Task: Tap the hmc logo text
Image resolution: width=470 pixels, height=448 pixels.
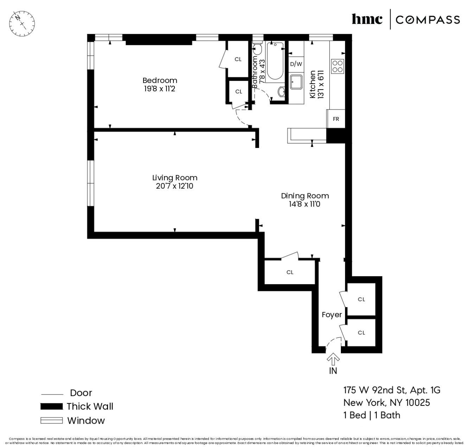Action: [x=367, y=19]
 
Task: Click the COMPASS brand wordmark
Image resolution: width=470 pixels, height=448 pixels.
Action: [x=427, y=20]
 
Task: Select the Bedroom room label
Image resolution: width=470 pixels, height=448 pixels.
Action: [x=159, y=80]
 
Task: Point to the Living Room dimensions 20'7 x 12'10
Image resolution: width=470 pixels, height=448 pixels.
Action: [x=174, y=186]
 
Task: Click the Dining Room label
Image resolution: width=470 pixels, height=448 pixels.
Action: [x=305, y=196]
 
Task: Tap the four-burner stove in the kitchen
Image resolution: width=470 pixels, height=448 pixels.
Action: [x=337, y=66]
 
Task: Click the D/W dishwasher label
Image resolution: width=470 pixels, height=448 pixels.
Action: [x=296, y=64]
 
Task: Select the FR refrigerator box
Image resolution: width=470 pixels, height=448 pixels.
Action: [x=336, y=119]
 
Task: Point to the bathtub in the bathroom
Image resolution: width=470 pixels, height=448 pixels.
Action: [x=275, y=61]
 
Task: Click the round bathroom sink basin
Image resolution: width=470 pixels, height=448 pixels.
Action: [x=282, y=92]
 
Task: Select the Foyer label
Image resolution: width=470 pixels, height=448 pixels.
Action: [x=332, y=314]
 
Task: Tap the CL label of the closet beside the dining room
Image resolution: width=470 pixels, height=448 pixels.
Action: [x=290, y=272]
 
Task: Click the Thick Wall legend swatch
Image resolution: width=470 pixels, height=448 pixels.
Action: [x=51, y=407]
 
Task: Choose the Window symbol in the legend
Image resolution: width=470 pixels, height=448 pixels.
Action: [x=51, y=421]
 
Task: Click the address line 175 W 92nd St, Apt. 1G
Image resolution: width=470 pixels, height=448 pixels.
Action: [x=392, y=390]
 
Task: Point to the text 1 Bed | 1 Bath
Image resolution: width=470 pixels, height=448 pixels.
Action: [x=371, y=415]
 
